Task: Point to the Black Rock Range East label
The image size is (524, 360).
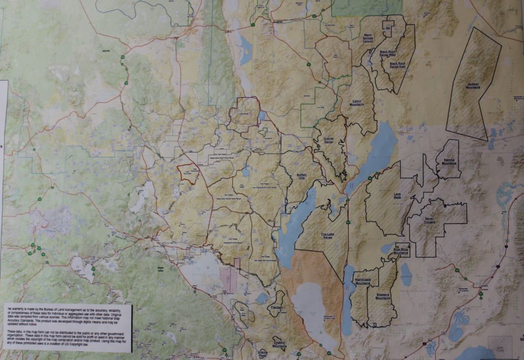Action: pos(398,65)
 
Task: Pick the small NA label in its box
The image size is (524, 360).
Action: pos(388,28)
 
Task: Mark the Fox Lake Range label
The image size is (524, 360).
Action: pos(328,236)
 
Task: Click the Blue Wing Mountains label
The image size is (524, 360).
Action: pos(401,250)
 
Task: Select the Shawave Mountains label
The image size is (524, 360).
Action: pos(383,296)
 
